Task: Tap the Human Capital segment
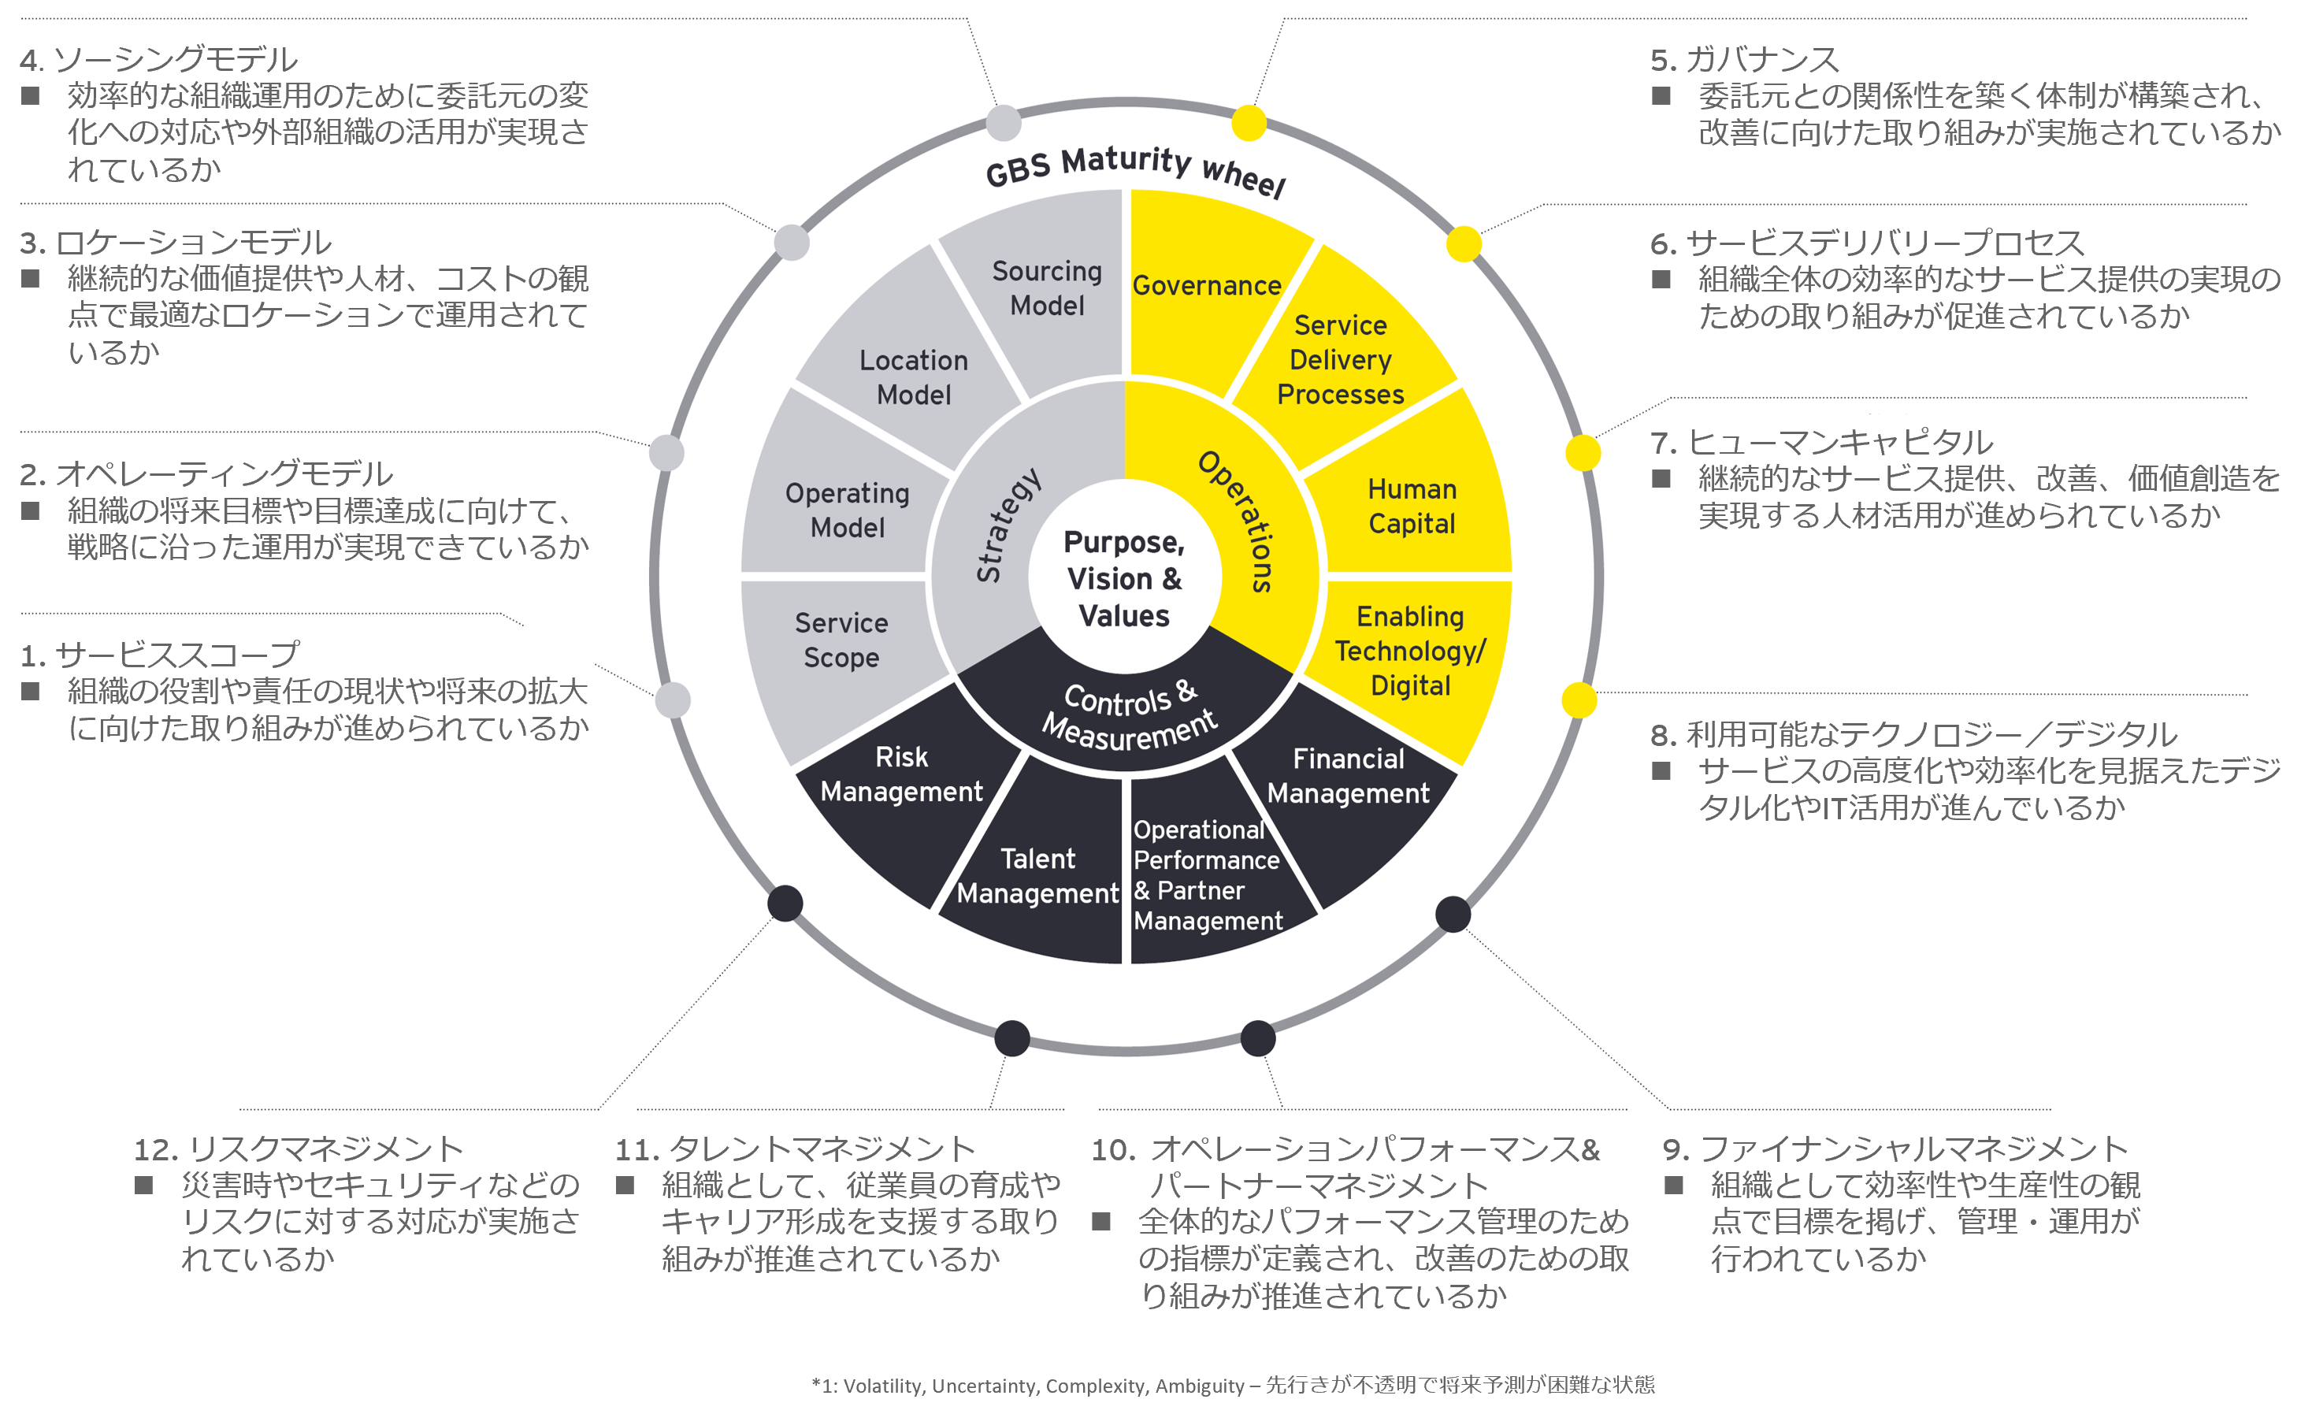pyautogui.click(x=1412, y=506)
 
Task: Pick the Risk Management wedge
pyautogui.click(x=901, y=774)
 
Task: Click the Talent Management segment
pyautogui.click(x=1037, y=875)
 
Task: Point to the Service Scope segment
pyautogui.click(x=841, y=640)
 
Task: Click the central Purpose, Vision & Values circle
pyautogui.click(x=1124, y=579)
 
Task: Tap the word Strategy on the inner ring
pyautogui.click(x=1007, y=525)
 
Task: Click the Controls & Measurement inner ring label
pyautogui.click(x=1130, y=716)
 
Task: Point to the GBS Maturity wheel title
pyautogui.click(x=1135, y=169)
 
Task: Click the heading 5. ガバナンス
pyautogui.click(x=1744, y=60)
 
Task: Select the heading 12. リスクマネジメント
pyautogui.click(x=299, y=1149)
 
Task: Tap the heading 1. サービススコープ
pyautogui.click(x=160, y=655)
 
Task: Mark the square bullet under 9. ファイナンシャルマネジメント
pyautogui.click(x=1674, y=1186)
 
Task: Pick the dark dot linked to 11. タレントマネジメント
pyautogui.click(x=1011, y=1038)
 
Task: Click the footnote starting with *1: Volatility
pyautogui.click(x=1232, y=1385)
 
